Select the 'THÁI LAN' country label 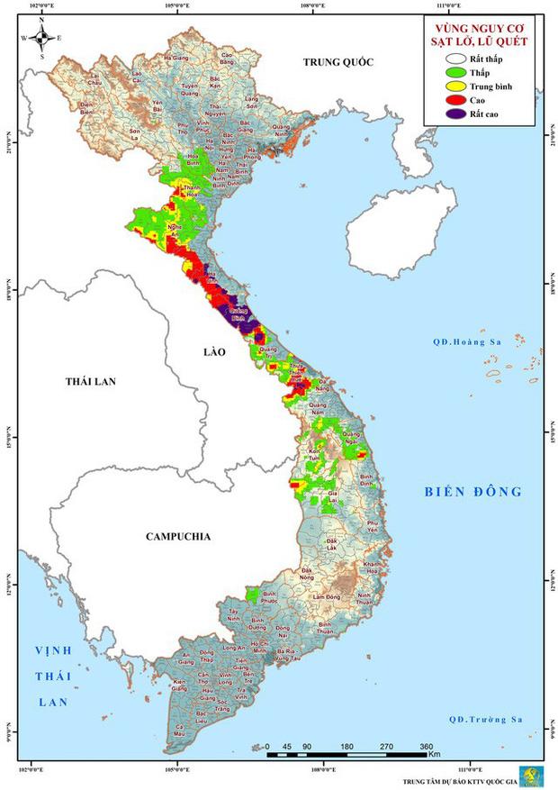click(91, 382)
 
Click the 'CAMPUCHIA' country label click(178, 537)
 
